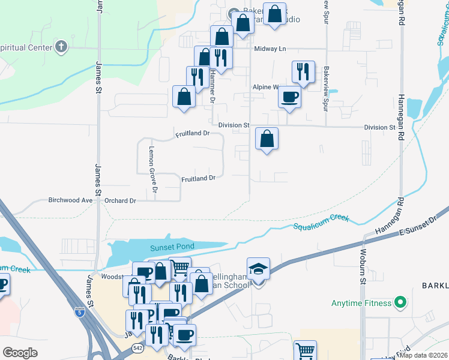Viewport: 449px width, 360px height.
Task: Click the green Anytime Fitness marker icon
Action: pyautogui.click(x=398, y=303)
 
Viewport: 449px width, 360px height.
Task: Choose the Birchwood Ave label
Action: pyautogui.click(x=70, y=200)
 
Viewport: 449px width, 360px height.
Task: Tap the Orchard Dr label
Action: pyautogui.click(x=120, y=200)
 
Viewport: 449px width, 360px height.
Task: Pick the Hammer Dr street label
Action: pyautogui.click(x=212, y=84)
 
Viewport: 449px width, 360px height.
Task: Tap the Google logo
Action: pyautogui.click(x=20, y=352)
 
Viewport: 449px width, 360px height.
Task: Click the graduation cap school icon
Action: pyautogui.click(x=258, y=269)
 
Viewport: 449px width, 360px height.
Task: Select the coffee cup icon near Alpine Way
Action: pyautogui.click(x=290, y=97)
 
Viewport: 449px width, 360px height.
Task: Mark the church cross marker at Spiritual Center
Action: pyautogui.click(x=61, y=47)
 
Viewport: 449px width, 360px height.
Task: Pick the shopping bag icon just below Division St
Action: pyautogui.click(x=267, y=139)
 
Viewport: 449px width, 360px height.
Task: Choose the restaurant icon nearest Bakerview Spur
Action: pyautogui.click(x=303, y=72)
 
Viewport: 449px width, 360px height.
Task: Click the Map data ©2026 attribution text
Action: pyautogui.click(x=424, y=355)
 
